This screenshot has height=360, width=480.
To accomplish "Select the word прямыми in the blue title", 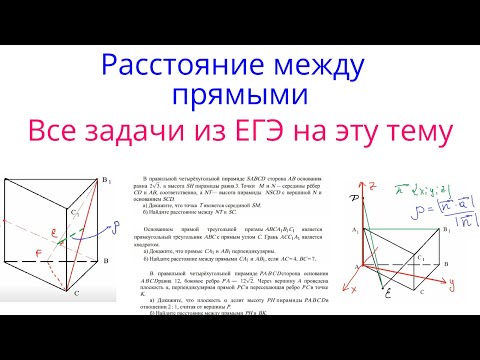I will (x=239, y=97).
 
